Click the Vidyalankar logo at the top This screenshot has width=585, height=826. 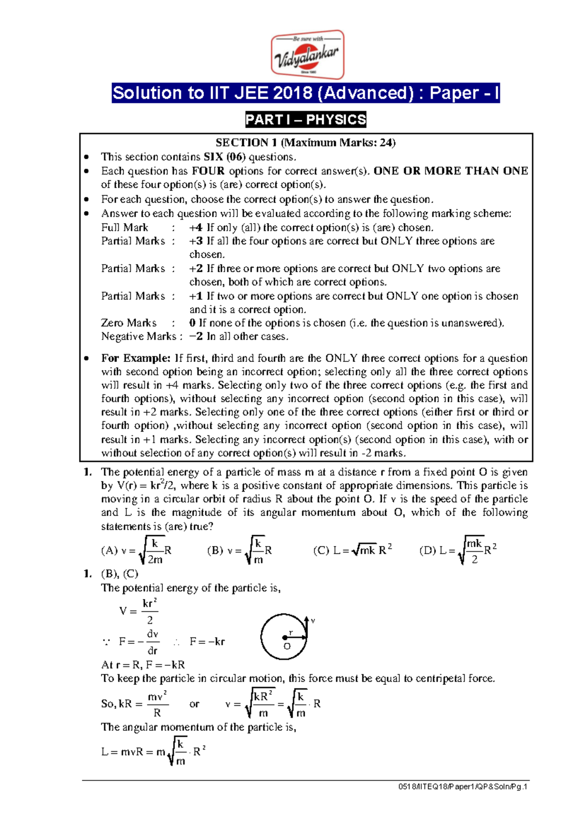(307, 55)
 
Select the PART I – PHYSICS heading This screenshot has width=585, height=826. (306, 119)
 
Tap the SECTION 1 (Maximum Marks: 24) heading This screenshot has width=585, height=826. (306, 143)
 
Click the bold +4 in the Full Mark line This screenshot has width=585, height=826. (196, 227)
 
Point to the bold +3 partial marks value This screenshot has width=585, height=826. (196, 241)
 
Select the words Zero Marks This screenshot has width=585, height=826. (129, 323)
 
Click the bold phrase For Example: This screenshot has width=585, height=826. (136, 358)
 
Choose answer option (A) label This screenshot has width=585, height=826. (109, 551)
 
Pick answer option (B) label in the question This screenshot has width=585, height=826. (215, 551)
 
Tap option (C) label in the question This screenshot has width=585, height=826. (321, 551)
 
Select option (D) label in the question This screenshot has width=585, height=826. (428, 551)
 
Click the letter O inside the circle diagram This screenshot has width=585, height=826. (287, 646)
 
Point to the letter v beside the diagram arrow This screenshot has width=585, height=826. (313, 621)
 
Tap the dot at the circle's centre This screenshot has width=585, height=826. (285, 638)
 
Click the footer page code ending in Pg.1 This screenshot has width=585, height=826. (463, 787)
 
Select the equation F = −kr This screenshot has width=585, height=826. (207, 642)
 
